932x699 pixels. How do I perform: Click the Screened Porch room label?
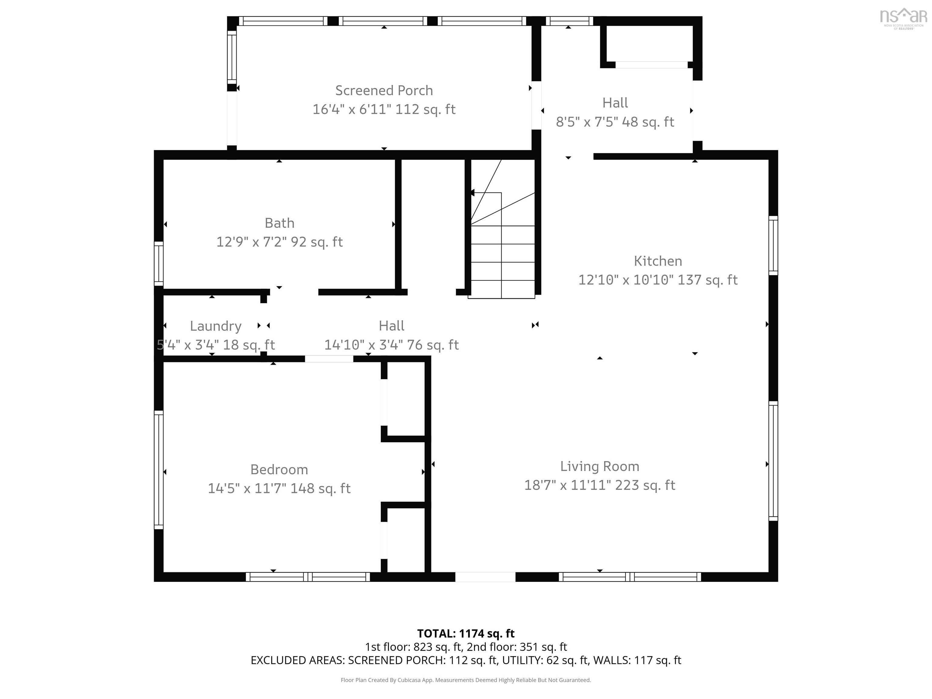click(x=384, y=91)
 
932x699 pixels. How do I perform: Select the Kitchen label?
click(x=658, y=261)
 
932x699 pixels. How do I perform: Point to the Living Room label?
click(x=599, y=466)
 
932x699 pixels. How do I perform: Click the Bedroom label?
click(x=279, y=469)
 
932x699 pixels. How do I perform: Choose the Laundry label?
click(x=215, y=326)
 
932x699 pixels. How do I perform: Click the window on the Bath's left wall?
click(x=158, y=264)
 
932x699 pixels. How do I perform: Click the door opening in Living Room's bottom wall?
click(x=485, y=577)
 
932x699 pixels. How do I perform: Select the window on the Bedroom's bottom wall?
click(x=308, y=577)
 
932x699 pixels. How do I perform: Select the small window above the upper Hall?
click(x=569, y=21)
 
